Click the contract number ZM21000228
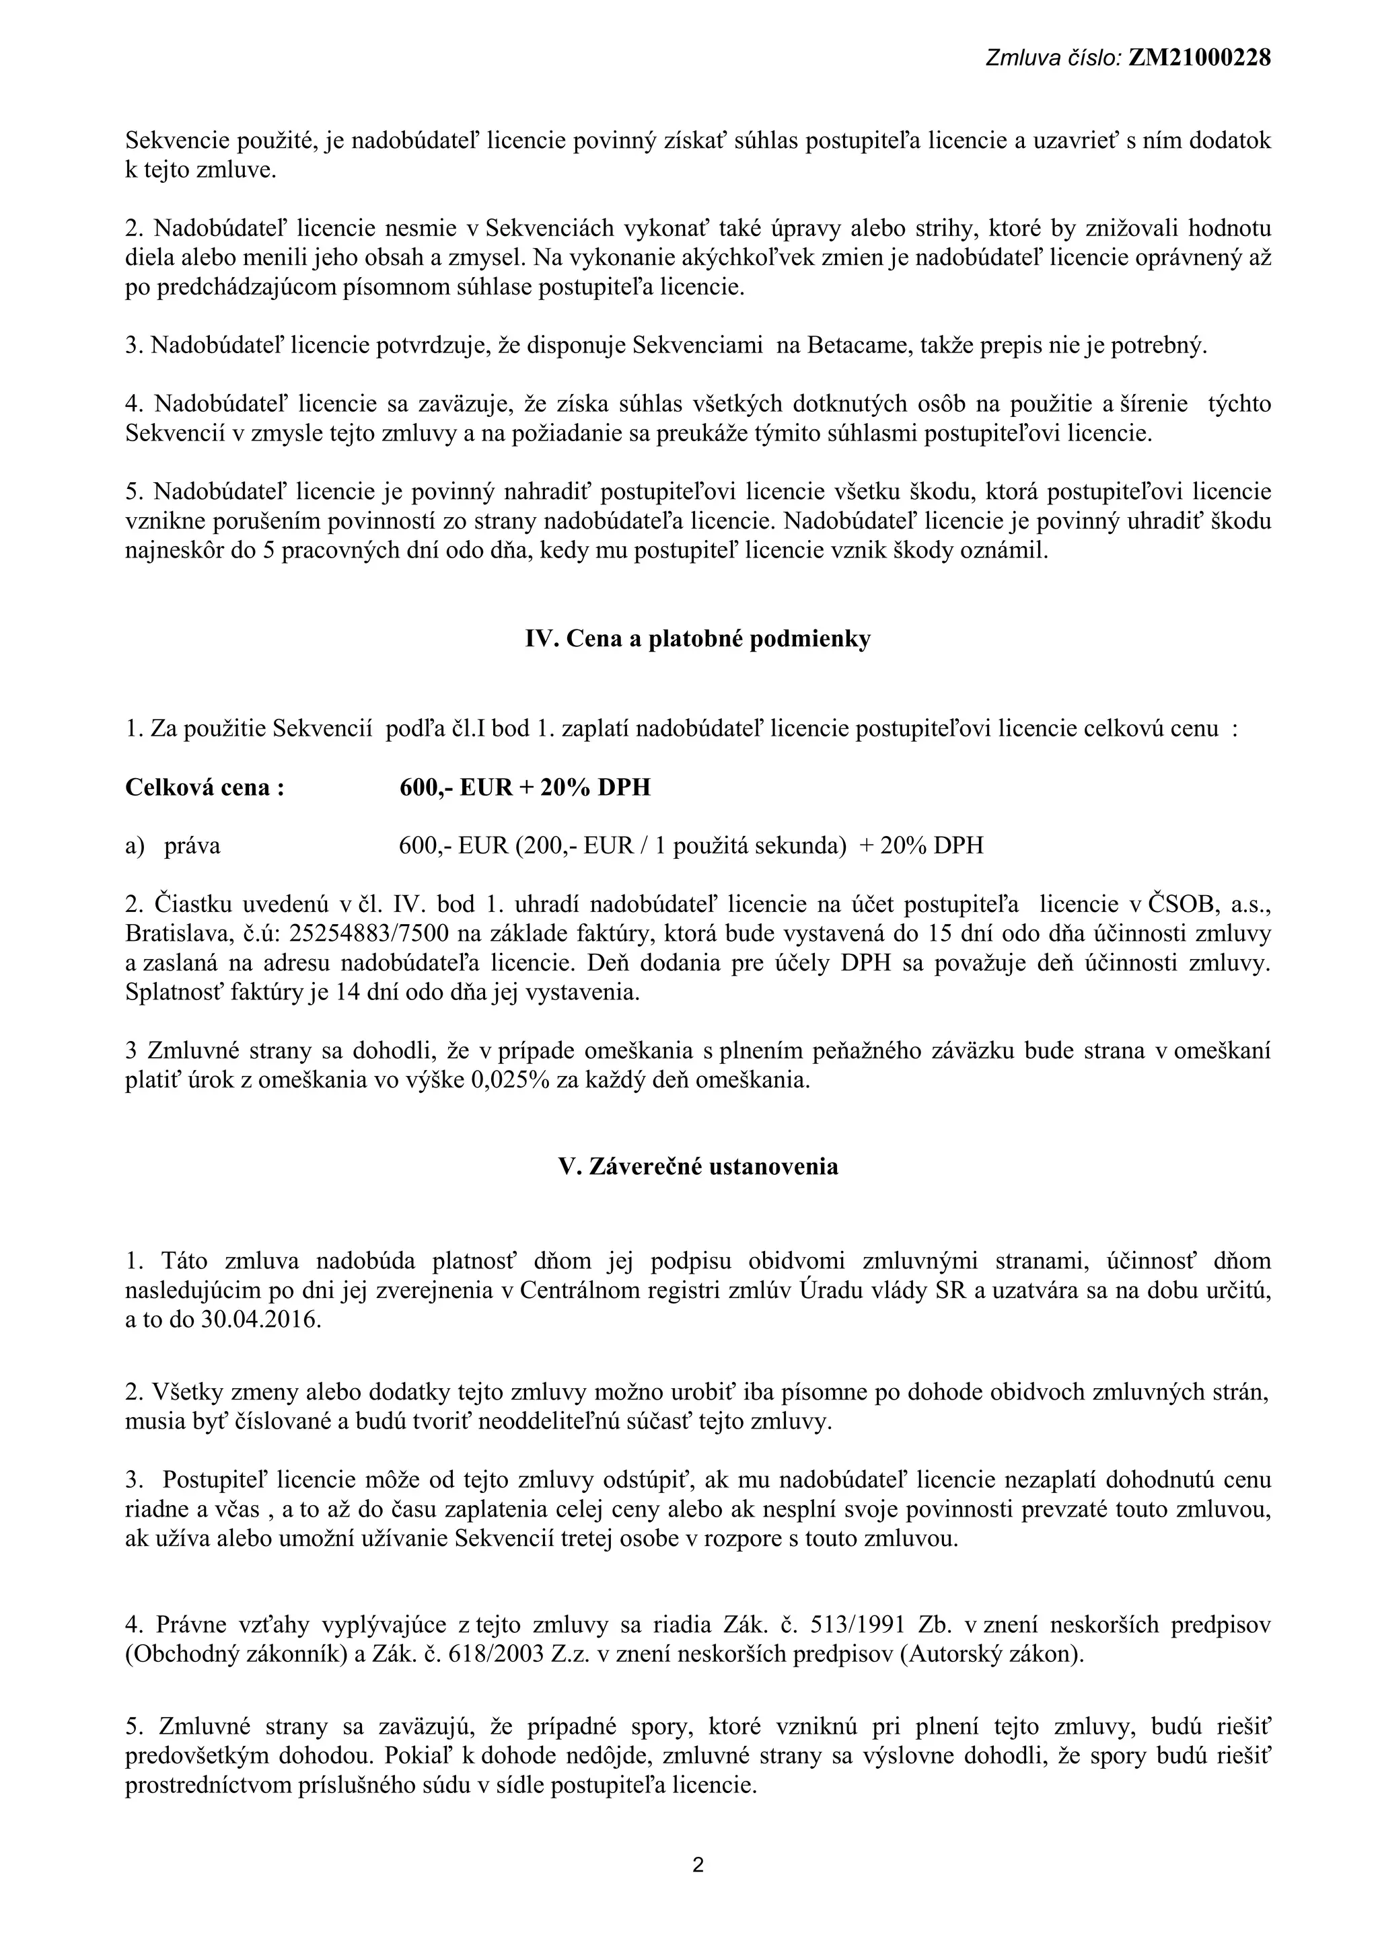1199,58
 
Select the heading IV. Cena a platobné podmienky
698,639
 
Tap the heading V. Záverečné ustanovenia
698,1166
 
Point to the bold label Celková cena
205,788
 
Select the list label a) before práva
135,846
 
